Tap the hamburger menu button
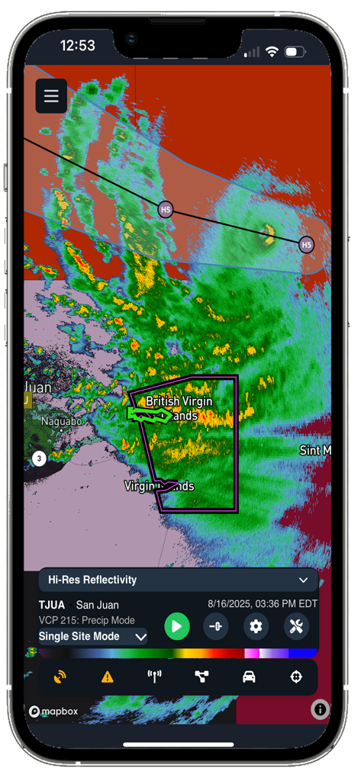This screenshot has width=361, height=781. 51,96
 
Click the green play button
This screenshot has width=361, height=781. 177,627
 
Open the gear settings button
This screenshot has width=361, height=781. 256,627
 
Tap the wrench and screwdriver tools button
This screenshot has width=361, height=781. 296,627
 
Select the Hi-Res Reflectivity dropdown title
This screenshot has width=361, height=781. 93,580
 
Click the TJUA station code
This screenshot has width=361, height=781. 52,605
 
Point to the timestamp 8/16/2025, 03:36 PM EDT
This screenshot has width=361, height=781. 263,604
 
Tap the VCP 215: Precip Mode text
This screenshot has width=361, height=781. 87,620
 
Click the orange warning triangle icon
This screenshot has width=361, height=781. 108,677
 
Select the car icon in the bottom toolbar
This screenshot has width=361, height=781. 249,677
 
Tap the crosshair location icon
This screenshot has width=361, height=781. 296,677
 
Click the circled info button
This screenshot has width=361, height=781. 320,709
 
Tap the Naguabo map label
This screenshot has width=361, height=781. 61,421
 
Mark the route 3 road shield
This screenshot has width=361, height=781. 39,458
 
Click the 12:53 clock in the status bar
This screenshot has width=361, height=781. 77,46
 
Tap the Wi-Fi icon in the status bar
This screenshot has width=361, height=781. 272,52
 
